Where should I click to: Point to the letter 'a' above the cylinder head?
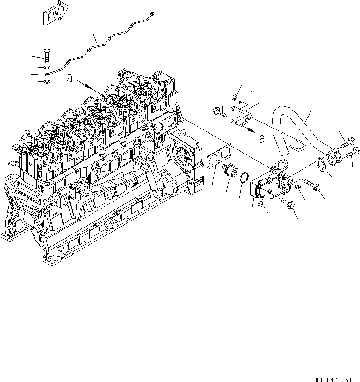coord(68,79)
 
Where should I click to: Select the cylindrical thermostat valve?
coord(229,172)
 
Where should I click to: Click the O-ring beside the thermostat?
coord(246,177)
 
